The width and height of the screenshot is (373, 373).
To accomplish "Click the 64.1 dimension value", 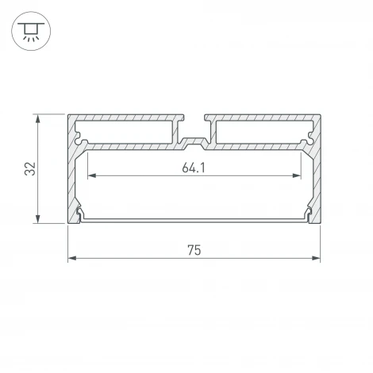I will (x=194, y=167).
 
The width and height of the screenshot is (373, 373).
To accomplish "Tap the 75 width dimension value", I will (x=194, y=250).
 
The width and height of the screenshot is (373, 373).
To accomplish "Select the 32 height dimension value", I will (x=29, y=168).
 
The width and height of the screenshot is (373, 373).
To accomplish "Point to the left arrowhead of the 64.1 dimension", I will (x=89, y=175).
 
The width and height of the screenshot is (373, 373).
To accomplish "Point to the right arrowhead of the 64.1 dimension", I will (x=300, y=175).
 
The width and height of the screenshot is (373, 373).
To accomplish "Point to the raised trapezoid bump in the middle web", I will (x=194, y=145).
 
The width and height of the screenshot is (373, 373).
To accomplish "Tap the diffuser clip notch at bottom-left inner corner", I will (x=82, y=215).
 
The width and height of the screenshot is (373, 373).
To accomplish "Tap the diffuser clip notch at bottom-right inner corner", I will (x=306, y=215).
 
